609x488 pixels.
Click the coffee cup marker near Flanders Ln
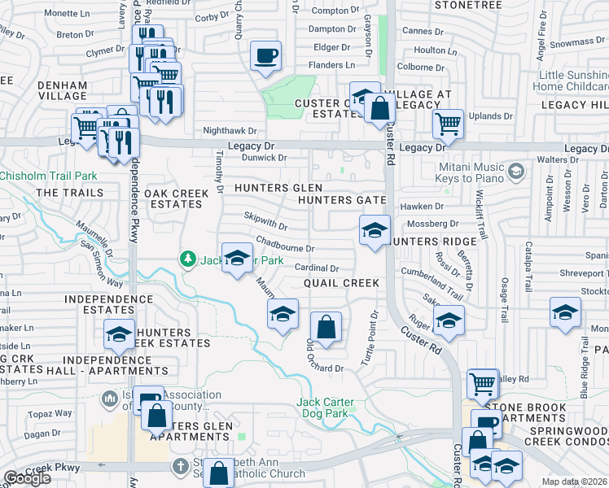coord(265,57)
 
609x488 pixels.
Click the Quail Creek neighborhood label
coord(341,283)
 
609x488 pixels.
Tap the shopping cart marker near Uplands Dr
coord(447,124)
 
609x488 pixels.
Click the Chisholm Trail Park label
coord(49,176)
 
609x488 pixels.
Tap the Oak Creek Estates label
coord(173,198)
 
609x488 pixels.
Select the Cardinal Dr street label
coord(317,268)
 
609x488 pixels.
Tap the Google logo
coord(27,478)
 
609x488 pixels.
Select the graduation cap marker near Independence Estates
coord(119,334)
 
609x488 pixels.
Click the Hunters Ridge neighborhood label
coord(424,242)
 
